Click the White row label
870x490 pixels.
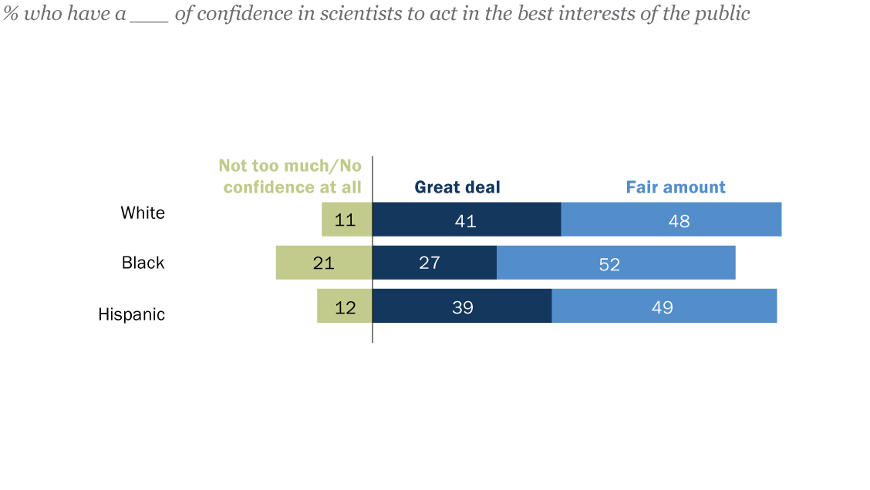click(143, 213)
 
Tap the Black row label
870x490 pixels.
click(143, 263)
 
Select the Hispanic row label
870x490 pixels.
click(131, 314)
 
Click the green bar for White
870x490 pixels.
click(347, 220)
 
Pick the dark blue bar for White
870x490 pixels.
click(466, 220)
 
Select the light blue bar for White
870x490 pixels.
click(671, 220)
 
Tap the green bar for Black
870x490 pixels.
click(324, 263)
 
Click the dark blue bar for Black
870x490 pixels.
click(434, 263)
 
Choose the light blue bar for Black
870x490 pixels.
click(615, 263)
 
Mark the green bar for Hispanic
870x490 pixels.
click(345, 306)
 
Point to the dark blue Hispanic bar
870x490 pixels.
click(462, 306)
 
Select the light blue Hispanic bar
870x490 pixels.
click(664, 306)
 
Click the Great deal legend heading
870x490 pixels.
click(457, 187)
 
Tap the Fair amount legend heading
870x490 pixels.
click(676, 187)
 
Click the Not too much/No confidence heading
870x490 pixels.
click(290, 176)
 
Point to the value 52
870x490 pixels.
click(609, 264)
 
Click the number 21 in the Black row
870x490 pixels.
click(324, 263)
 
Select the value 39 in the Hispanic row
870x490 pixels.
click(462, 307)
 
